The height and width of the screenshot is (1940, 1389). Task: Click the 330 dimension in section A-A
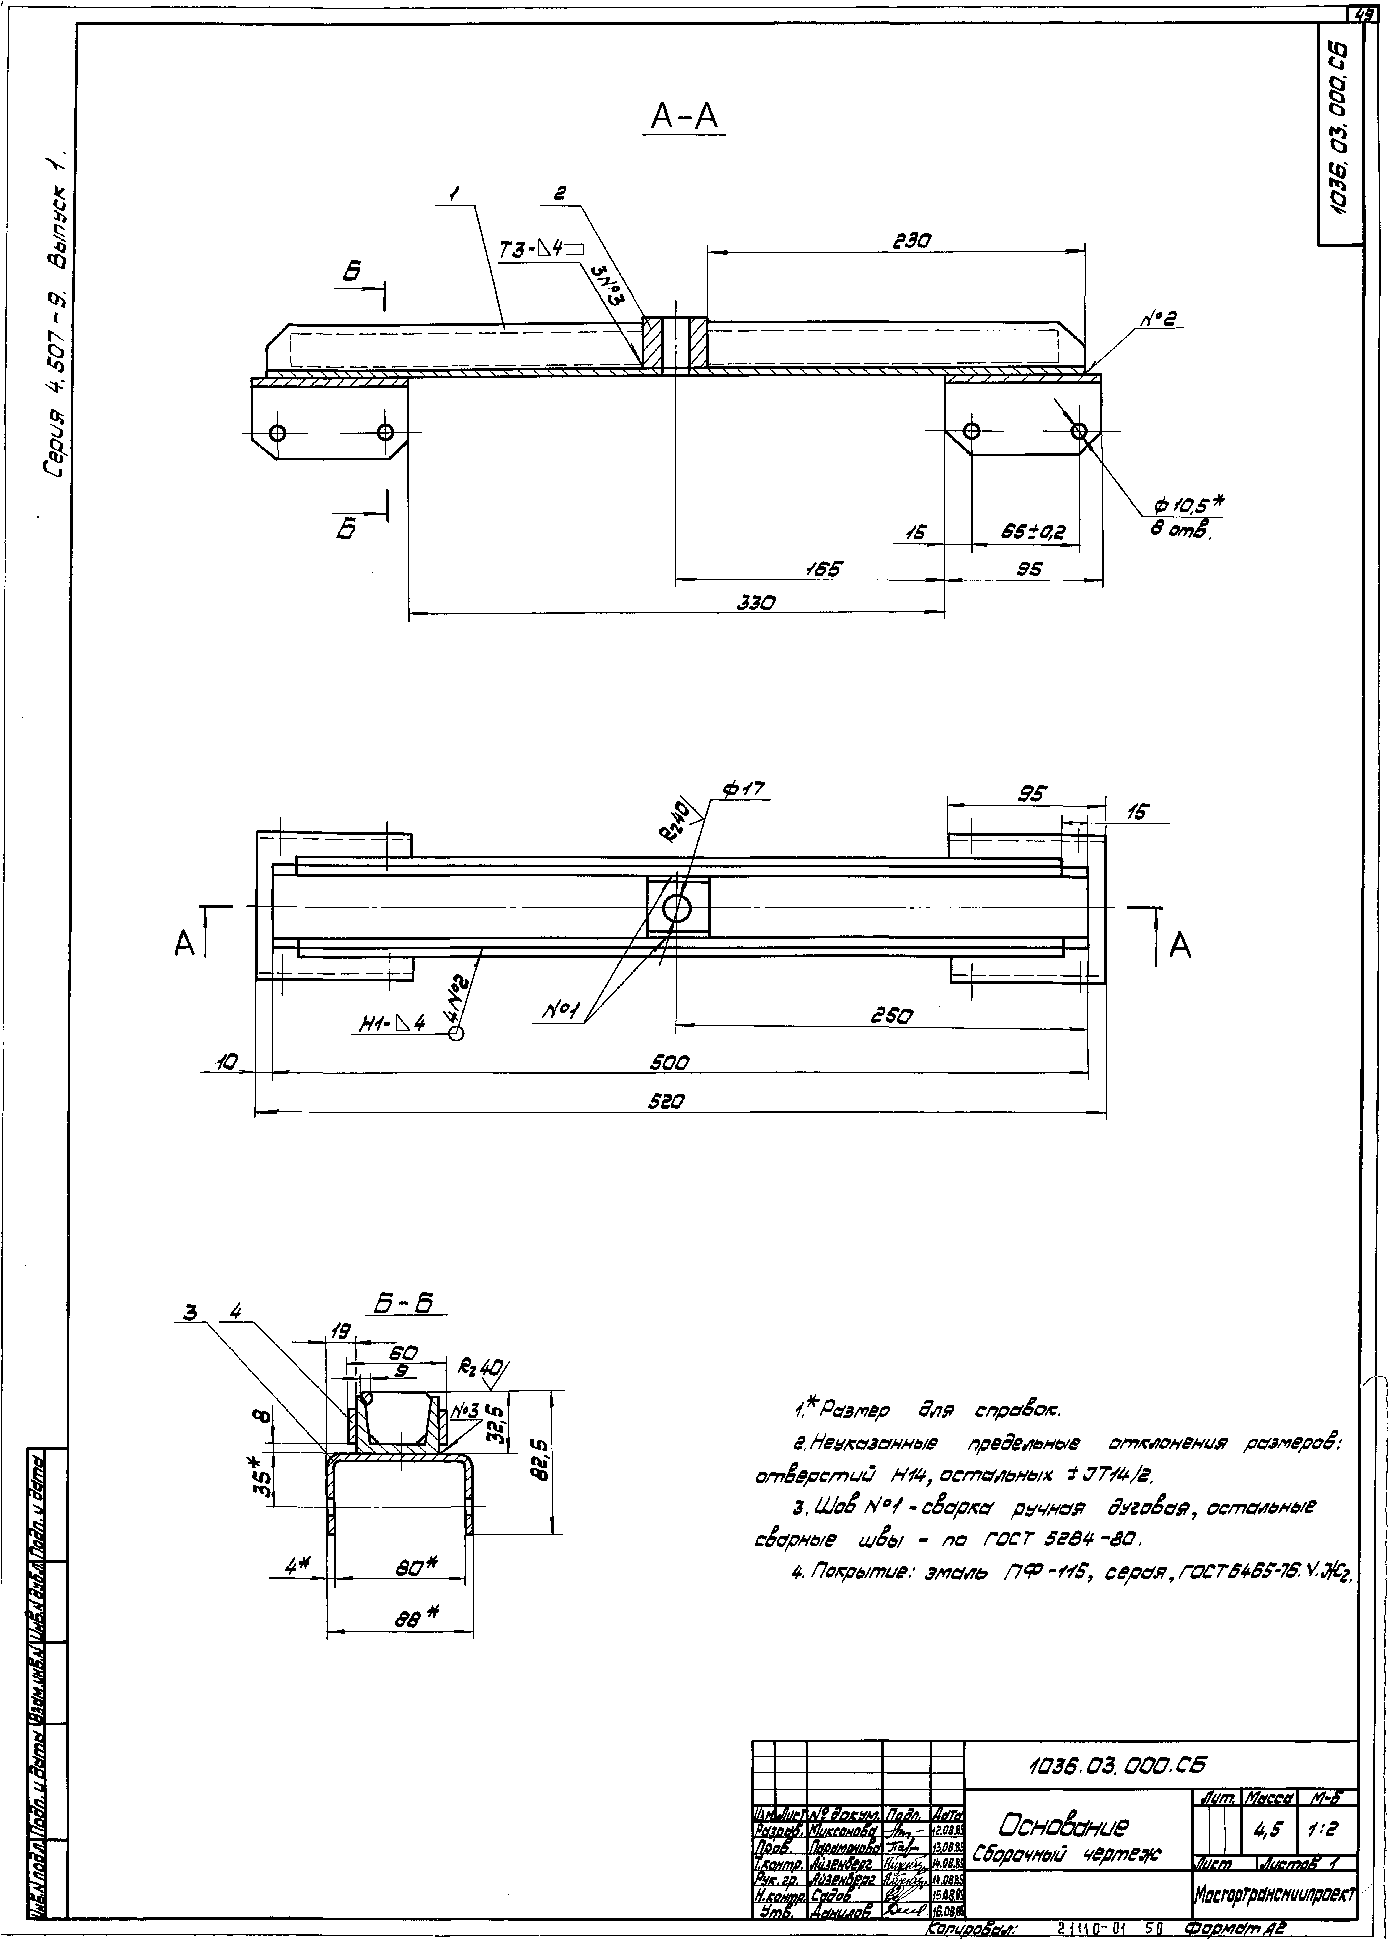pyautogui.click(x=756, y=603)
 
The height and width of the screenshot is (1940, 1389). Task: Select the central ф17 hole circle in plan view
pyautogui.click(x=676, y=908)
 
